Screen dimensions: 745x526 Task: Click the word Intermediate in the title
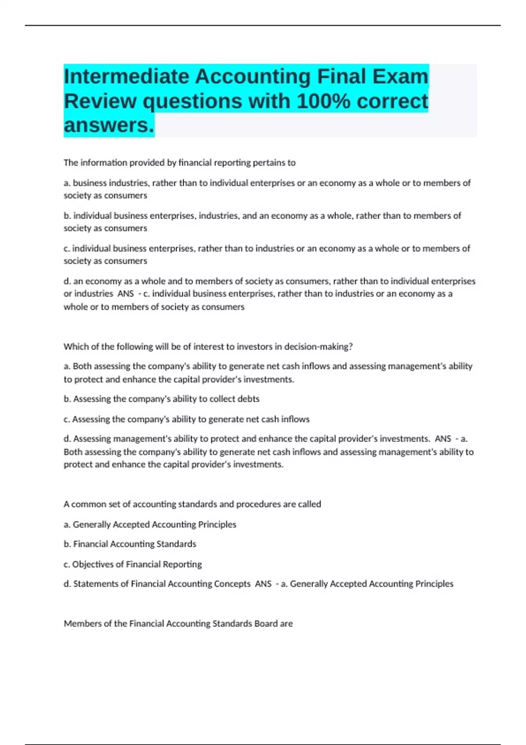coord(127,77)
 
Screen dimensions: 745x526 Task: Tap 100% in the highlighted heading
coord(323,102)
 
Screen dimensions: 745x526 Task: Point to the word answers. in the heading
coord(109,125)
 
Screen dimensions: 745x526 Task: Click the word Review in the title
coord(100,102)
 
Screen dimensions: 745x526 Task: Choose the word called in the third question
coord(309,504)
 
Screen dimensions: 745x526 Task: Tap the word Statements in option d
coord(95,584)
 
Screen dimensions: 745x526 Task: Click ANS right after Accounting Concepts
coord(263,584)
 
